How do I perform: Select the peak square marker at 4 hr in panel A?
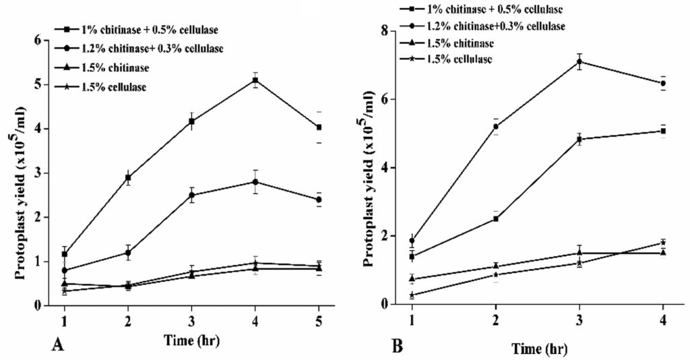[255, 80]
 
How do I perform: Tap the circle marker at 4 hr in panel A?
[255, 182]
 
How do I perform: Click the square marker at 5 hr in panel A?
[319, 127]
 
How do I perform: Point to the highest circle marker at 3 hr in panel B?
[579, 62]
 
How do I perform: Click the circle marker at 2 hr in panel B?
[496, 127]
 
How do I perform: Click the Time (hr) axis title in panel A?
[191, 340]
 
